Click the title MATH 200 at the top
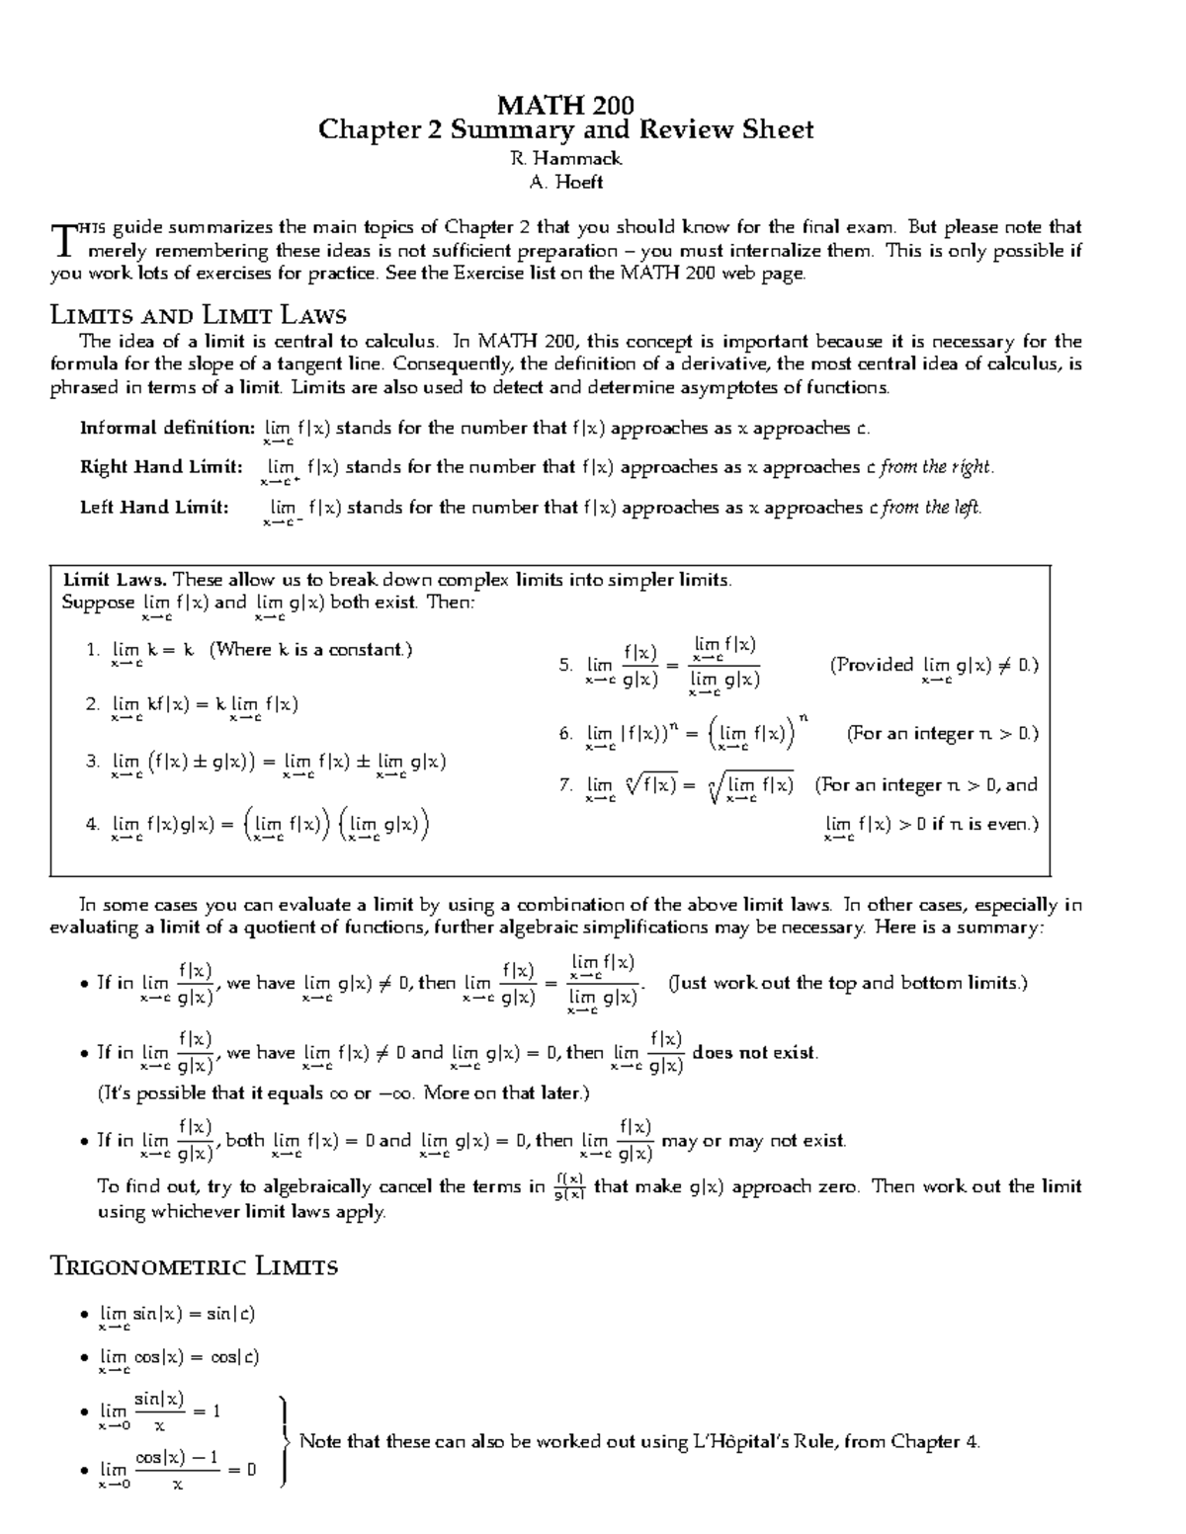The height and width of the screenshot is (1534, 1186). tap(564, 105)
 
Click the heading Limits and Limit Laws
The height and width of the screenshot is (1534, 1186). tap(198, 316)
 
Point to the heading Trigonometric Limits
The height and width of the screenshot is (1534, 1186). tap(194, 1266)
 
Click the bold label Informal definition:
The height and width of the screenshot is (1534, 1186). tap(167, 428)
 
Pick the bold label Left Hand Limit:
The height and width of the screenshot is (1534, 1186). tap(154, 507)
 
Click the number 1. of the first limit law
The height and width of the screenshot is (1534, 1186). tap(93, 650)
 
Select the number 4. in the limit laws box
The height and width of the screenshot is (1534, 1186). tap(93, 824)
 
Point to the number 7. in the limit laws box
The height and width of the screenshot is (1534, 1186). tap(565, 785)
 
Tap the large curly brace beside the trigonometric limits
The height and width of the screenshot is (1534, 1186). tap(285, 1441)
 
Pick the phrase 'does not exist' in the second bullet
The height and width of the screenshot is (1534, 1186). tap(755, 1053)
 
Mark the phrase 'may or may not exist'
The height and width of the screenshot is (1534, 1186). tap(753, 1141)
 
